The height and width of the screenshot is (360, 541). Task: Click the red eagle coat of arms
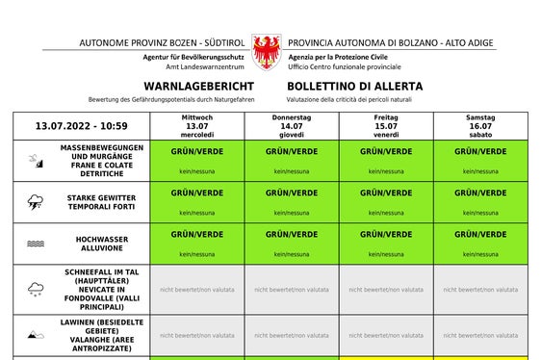coord(266,50)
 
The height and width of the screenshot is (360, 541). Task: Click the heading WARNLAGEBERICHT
coord(198,87)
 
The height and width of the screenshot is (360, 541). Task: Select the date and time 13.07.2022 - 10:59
coord(82,126)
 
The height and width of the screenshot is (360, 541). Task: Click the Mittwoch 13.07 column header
coord(196,126)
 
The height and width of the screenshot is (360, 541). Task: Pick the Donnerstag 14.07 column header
coord(292,126)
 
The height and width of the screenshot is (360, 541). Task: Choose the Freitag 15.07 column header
coord(386,126)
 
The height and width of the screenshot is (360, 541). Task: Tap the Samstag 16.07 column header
coord(480,126)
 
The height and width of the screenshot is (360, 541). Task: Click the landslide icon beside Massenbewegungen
coord(36,162)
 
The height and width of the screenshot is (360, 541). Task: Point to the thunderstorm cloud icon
coord(36,202)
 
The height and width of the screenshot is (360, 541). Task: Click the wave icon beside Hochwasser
coord(36,244)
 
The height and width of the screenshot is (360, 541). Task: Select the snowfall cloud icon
coord(36,289)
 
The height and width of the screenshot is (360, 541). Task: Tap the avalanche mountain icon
coord(36,335)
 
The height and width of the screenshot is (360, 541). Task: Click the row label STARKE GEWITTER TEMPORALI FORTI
coord(101,202)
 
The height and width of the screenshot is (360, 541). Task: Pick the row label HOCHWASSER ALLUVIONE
coord(101,244)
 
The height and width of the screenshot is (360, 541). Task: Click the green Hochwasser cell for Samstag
coord(480,244)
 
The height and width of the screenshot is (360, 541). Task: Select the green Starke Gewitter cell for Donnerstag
coord(292,202)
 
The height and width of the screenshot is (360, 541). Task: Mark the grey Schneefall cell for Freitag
coord(386,289)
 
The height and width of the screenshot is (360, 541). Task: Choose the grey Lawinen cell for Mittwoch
coord(196,335)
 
